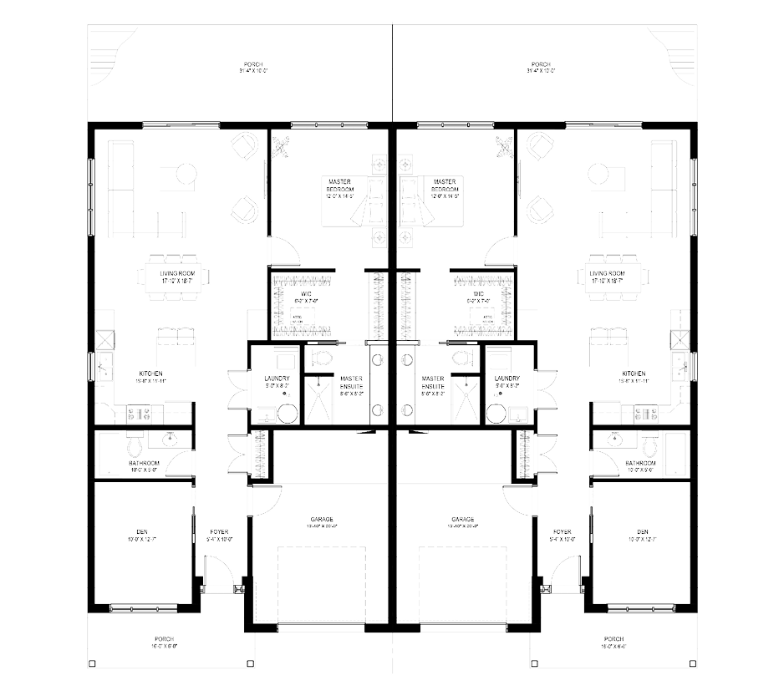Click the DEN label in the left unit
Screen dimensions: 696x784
[x=141, y=531]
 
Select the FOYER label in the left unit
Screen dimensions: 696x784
[x=219, y=531]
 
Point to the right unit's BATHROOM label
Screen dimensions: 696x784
[x=639, y=462]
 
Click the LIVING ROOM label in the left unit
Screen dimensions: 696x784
[x=176, y=273]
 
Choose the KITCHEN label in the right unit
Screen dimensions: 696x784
[x=634, y=373]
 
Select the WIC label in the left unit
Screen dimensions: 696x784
[x=305, y=294]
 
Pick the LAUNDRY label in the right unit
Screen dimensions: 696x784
[x=507, y=378]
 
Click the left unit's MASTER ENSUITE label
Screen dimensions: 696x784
[x=350, y=382]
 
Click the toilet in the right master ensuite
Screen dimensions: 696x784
[x=461, y=358]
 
